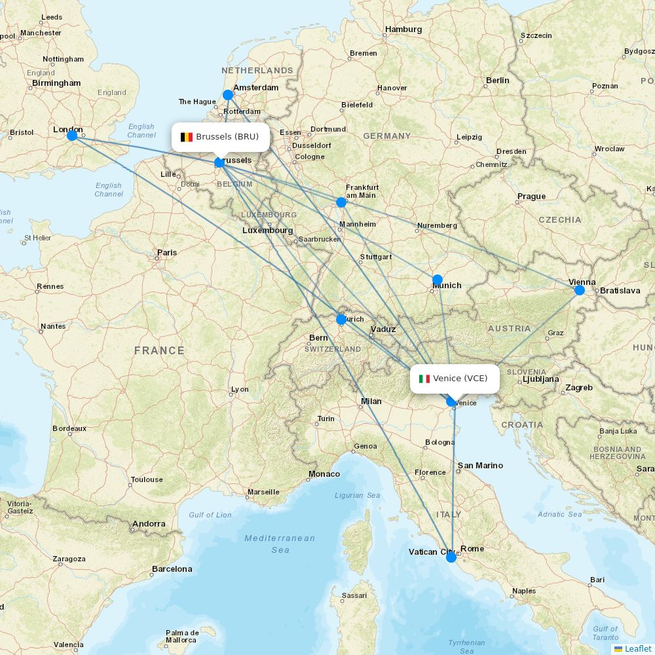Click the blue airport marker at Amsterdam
click(x=228, y=95)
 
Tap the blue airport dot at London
click(x=72, y=136)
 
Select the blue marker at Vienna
click(x=580, y=290)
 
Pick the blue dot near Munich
click(x=438, y=280)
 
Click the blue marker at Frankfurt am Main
click(x=341, y=202)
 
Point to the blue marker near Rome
click(x=451, y=557)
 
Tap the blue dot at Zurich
click(x=341, y=320)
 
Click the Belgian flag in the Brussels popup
click(x=187, y=137)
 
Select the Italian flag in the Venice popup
click(x=424, y=379)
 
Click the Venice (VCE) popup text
click(x=460, y=379)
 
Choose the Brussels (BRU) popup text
click(x=227, y=137)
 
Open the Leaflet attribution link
click(x=637, y=648)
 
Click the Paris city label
click(x=167, y=252)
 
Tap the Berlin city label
click(x=497, y=81)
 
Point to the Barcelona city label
click(x=172, y=569)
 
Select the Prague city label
click(x=531, y=196)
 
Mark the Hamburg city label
click(x=403, y=29)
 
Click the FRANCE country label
click(x=159, y=350)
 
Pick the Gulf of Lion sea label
click(x=210, y=515)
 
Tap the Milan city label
click(x=371, y=402)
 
